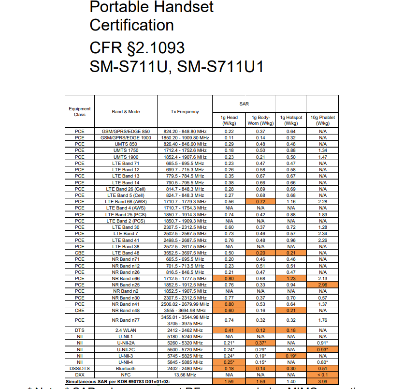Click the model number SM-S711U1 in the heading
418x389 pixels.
pyautogui.click(x=220, y=66)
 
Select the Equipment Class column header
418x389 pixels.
pyautogui.click(x=80, y=112)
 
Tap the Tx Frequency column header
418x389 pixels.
pyautogui.click(x=185, y=112)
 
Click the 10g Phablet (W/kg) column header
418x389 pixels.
pyautogui.click(x=322, y=120)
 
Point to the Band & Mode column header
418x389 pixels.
pyautogui.click(x=126, y=112)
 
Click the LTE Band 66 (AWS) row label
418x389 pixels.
pyautogui.click(x=126, y=202)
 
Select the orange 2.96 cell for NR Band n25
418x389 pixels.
pyautogui.click(x=322, y=285)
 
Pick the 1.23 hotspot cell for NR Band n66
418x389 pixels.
pyautogui.click(x=291, y=279)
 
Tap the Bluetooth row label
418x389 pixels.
pyautogui.click(x=126, y=369)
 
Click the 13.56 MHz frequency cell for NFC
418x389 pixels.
pyautogui.click(x=185, y=375)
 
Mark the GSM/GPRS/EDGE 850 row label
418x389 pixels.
pyautogui.click(x=126, y=132)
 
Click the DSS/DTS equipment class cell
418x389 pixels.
pyautogui.click(x=80, y=369)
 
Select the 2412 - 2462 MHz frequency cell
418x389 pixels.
pyautogui.click(x=185, y=330)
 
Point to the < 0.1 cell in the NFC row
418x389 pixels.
pyautogui.click(x=322, y=375)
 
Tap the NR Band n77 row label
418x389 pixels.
pyautogui.click(x=126, y=320)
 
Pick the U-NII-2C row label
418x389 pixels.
pyautogui.click(x=126, y=349)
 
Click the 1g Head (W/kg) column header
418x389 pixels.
pyautogui.click(x=229, y=120)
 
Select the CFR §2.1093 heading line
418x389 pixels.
pyautogui.click(x=137, y=48)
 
